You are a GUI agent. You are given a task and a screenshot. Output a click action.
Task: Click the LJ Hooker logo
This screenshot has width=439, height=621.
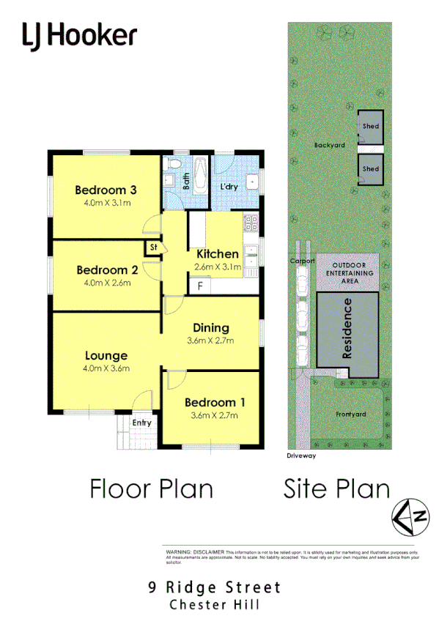(x=79, y=35)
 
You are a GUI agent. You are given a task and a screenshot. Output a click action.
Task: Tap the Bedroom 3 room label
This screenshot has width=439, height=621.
(x=106, y=190)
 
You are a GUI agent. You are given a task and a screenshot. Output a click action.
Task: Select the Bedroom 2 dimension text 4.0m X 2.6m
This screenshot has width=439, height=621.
(x=107, y=283)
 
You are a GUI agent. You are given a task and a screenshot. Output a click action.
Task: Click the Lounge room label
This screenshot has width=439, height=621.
(x=106, y=356)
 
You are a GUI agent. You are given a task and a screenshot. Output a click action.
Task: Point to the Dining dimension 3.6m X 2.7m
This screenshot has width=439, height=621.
(x=211, y=341)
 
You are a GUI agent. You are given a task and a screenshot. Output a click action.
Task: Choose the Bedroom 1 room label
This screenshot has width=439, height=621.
(x=215, y=402)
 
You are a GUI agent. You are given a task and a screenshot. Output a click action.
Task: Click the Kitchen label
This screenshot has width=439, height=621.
(x=218, y=253)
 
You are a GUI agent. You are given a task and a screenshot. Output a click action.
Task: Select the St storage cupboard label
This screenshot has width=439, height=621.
(x=153, y=248)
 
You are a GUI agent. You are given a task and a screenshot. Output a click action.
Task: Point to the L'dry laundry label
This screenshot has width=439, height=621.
(x=229, y=187)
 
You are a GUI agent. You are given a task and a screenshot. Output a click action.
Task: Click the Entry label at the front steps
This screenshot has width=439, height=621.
(x=142, y=423)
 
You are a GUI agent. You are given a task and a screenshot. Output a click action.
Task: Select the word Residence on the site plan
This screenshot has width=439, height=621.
(x=348, y=327)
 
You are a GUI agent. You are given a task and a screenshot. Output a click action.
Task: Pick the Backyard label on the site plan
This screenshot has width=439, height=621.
(x=329, y=145)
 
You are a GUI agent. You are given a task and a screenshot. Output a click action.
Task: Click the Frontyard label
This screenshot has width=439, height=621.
(x=350, y=414)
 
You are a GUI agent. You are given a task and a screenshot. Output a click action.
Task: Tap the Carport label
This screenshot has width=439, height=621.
(x=301, y=261)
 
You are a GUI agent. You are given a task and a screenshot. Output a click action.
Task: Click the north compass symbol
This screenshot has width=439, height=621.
(x=409, y=516)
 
